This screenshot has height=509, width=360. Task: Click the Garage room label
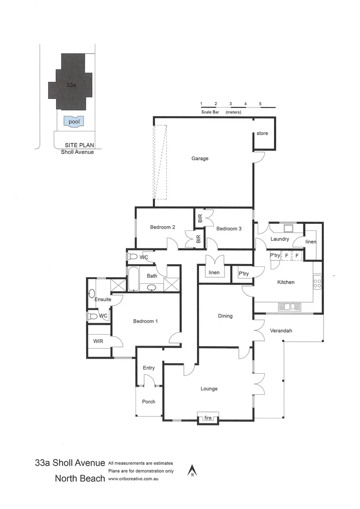coord(200,159)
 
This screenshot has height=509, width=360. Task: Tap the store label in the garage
coord(262,133)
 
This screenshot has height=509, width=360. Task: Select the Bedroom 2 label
coord(163,227)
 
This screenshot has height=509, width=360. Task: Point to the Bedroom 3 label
coord(229,229)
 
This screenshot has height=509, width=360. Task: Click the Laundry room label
coord(279,239)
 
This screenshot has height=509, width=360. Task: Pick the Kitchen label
coord(286,282)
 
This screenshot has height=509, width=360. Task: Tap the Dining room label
coord(225,316)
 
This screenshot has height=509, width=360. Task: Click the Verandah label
coord(281,331)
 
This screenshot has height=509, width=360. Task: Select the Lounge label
coord(209,389)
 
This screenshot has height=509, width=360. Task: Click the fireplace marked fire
coord(208,418)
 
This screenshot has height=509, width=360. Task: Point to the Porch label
coord(149,402)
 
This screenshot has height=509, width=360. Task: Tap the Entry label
coord(149,368)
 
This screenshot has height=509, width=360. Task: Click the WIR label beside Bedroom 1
coord(98,341)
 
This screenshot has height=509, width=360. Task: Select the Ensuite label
coord(103,300)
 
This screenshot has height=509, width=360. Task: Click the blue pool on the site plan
coord(74,121)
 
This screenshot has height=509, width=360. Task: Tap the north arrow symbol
coord(192,470)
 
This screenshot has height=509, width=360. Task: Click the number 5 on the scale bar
coord(260,103)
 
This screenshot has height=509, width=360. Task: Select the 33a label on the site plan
coord(71,85)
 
